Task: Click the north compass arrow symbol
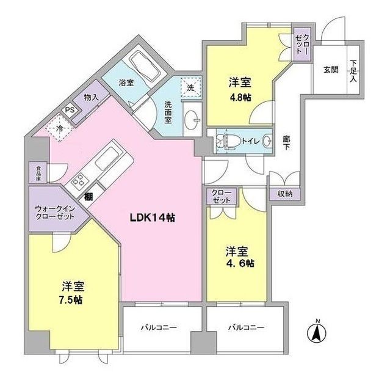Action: point(317,333)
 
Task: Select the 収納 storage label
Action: point(285,194)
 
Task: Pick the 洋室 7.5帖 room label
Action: point(72,292)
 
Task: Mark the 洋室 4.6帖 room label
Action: point(239,257)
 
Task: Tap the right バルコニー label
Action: point(247,328)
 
